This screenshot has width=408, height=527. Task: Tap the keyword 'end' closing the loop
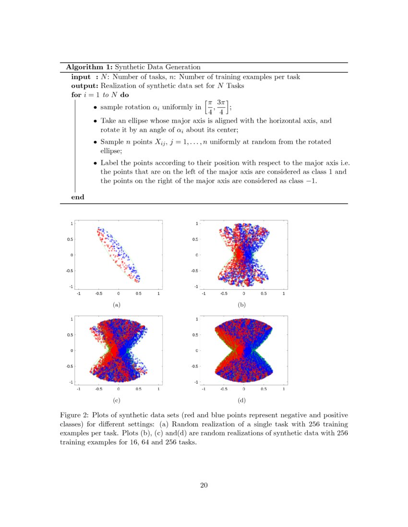click(x=77, y=197)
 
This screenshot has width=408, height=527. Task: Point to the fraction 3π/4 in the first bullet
click(x=221, y=107)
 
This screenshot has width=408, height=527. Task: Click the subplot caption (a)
click(x=116, y=304)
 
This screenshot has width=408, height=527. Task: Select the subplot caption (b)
click(x=241, y=304)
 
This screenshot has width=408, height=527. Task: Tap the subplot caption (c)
click(x=116, y=400)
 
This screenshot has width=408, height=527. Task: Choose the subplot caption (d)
click(x=241, y=400)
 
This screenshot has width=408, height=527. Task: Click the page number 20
click(x=204, y=486)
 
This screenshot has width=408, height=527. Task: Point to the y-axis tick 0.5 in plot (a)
click(x=70, y=239)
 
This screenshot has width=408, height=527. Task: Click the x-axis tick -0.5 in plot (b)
click(x=223, y=294)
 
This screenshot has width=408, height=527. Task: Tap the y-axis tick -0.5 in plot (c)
click(x=70, y=367)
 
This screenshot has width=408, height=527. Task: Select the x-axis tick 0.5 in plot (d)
click(x=264, y=389)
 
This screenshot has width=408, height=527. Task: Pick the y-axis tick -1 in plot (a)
click(x=71, y=286)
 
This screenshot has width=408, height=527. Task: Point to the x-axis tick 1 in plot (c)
click(x=158, y=389)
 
